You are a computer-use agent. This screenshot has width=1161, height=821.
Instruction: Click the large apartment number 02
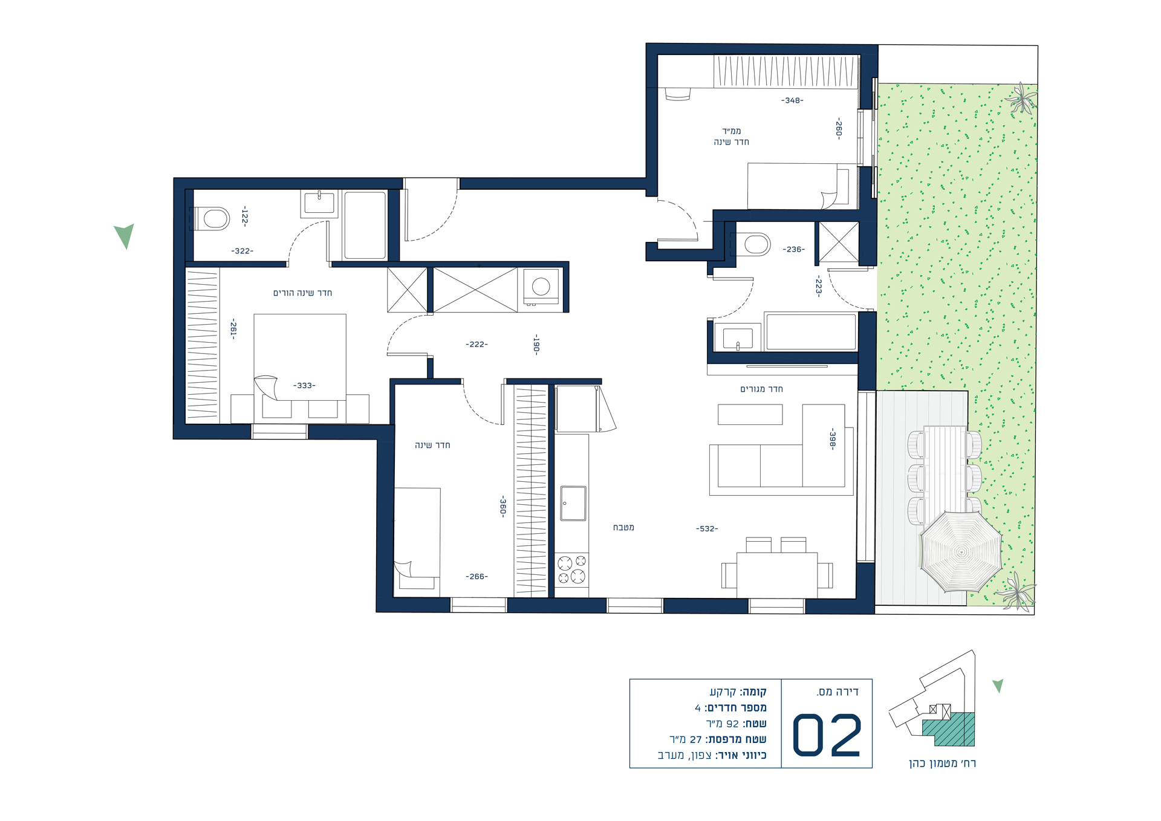827,735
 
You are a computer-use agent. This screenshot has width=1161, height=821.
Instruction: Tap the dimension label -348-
792,100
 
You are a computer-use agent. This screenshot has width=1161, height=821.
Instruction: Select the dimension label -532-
707,528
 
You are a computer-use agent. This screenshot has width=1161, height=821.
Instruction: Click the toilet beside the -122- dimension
210,218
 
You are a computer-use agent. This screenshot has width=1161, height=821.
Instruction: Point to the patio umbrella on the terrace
961,551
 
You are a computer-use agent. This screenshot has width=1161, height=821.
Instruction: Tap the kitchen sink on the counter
573,503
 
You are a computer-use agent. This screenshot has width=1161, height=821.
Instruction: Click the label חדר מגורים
761,389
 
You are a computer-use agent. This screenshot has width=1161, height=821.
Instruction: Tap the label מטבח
623,527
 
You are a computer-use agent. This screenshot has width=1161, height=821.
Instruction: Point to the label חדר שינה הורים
302,293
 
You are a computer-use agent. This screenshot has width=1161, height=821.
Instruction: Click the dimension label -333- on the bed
304,386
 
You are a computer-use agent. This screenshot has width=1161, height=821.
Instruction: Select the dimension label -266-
476,577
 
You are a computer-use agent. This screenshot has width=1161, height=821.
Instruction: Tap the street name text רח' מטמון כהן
942,764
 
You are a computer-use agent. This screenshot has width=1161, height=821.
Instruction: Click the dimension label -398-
833,439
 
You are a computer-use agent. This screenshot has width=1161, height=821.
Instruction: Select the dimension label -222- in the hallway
476,345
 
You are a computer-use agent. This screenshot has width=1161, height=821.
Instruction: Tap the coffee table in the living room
750,415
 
